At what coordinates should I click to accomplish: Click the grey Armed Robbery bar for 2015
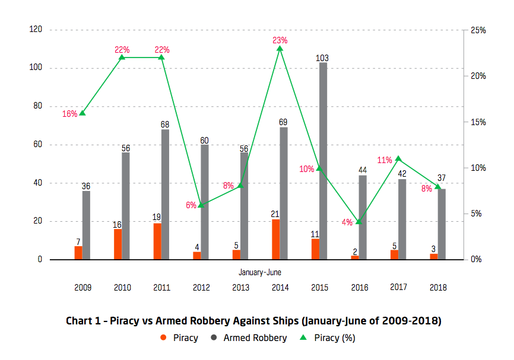(x=323, y=160)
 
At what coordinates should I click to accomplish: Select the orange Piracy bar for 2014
(x=275, y=239)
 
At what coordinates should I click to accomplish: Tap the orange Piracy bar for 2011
(x=157, y=241)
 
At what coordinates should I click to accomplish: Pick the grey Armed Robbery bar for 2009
(x=87, y=225)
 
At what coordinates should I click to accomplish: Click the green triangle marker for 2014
(x=280, y=48)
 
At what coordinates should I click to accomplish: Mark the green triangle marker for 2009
(x=83, y=113)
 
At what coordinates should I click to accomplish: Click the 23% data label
(x=280, y=40)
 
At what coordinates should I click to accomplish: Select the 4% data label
(x=347, y=222)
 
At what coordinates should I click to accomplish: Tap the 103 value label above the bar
(x=322, y=58)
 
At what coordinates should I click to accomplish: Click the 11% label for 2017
(x=384, y=160)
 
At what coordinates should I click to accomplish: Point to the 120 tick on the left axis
(x=36, y=30)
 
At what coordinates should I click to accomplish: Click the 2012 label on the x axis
(x=201, y=288)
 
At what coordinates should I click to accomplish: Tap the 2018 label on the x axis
(x=437, y=288)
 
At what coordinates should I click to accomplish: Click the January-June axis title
(x=260, y=272)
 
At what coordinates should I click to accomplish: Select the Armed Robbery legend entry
(x=255, y=338)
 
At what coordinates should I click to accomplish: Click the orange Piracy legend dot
(x=163, y=338)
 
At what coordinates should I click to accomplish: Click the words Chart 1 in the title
(x=83, y=321)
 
